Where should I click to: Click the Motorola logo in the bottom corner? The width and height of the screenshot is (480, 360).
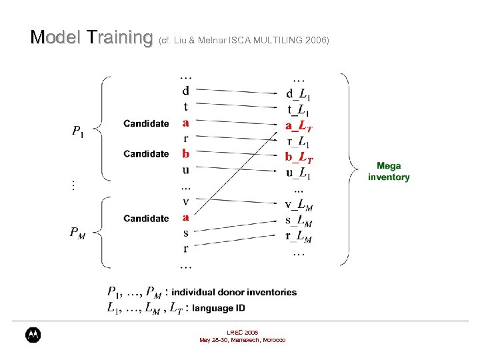click(x=33, y=335)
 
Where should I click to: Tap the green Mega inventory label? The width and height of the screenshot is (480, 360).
click(x=389, y=171)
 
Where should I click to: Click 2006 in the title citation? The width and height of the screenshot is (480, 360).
click(x=317, y=41)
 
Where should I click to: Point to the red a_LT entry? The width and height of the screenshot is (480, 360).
click(x=299, y=126)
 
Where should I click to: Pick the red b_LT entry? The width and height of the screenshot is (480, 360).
click(x=299, y=158)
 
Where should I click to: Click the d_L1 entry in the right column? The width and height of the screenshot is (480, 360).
click(x=298, y=94)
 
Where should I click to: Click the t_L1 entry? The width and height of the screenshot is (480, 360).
click(x=298, y=110)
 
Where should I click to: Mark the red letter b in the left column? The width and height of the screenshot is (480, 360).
click(x=185, y=154)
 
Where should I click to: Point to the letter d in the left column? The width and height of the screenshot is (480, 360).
click(x=185, y=90)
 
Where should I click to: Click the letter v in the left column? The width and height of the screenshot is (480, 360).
click(x=185, y=202)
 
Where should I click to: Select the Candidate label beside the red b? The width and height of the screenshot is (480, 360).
click(x=146, y=154)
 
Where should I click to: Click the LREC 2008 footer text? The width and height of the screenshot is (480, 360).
click(x=242, y=332)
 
